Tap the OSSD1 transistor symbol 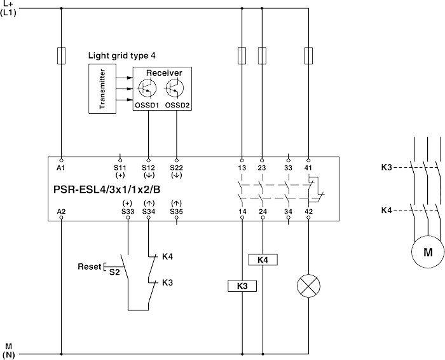point(147,88)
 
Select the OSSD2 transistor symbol point(174,88)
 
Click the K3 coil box point(242,286)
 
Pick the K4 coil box point(263,260)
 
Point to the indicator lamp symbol point(308,286)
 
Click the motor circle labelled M point(428,252)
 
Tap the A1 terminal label point(61,168)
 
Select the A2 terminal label point(61,212)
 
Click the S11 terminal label point(120,168)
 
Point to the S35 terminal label point(177,212)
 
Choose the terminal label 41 point(308,168)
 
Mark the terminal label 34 point(288,212)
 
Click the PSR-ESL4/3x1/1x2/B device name point(107,190)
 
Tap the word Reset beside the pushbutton point(90,267)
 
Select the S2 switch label point(114,272)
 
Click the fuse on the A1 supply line point(61,56)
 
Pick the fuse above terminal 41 point(308,56)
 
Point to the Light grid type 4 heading point(122,55)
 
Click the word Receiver point(164,73)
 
